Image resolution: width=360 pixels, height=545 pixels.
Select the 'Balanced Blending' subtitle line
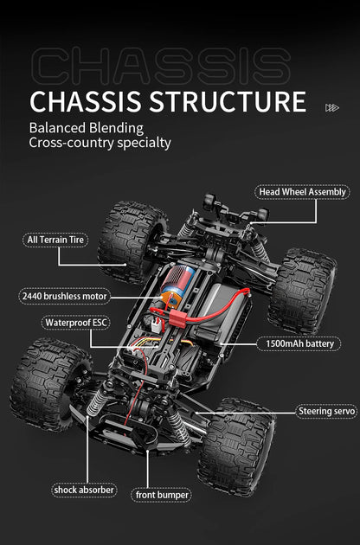click(x=86, y=128)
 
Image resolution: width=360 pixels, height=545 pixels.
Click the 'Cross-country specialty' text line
click(x=100, y=143)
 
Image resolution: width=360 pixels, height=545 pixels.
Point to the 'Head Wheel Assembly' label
click(x=302, y=192)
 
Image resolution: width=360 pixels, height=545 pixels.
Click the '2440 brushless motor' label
click(x=64, y=297)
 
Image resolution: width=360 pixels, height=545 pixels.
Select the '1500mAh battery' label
click(x=301, y=343)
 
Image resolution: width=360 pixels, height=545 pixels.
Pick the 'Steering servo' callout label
click(x=325, y=411)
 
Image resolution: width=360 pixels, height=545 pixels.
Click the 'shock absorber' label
click(x=84, y=490)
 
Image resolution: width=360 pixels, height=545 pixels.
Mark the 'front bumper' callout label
click(x=162, y=495)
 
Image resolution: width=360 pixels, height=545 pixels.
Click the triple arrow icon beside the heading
click(x=331, y=107)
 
